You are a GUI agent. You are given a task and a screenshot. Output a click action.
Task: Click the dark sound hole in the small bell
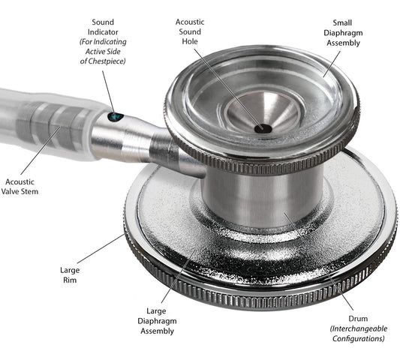pyautogui.click(x=262, y=128)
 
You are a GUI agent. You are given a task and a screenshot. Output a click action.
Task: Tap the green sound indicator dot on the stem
pyautogui.click(x=114, y=116)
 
